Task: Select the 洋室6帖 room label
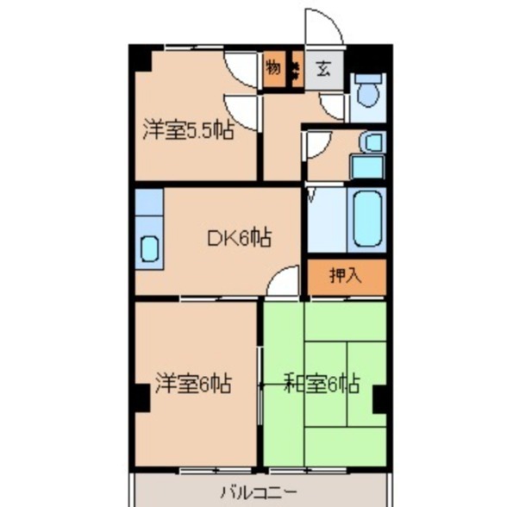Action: point(192,384)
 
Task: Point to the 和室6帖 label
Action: point(322,384)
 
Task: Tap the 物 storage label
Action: point(273,69)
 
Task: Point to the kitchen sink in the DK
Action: point(149,248)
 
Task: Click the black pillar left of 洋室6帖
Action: point(141,397)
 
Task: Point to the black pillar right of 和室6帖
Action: point(379,397)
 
